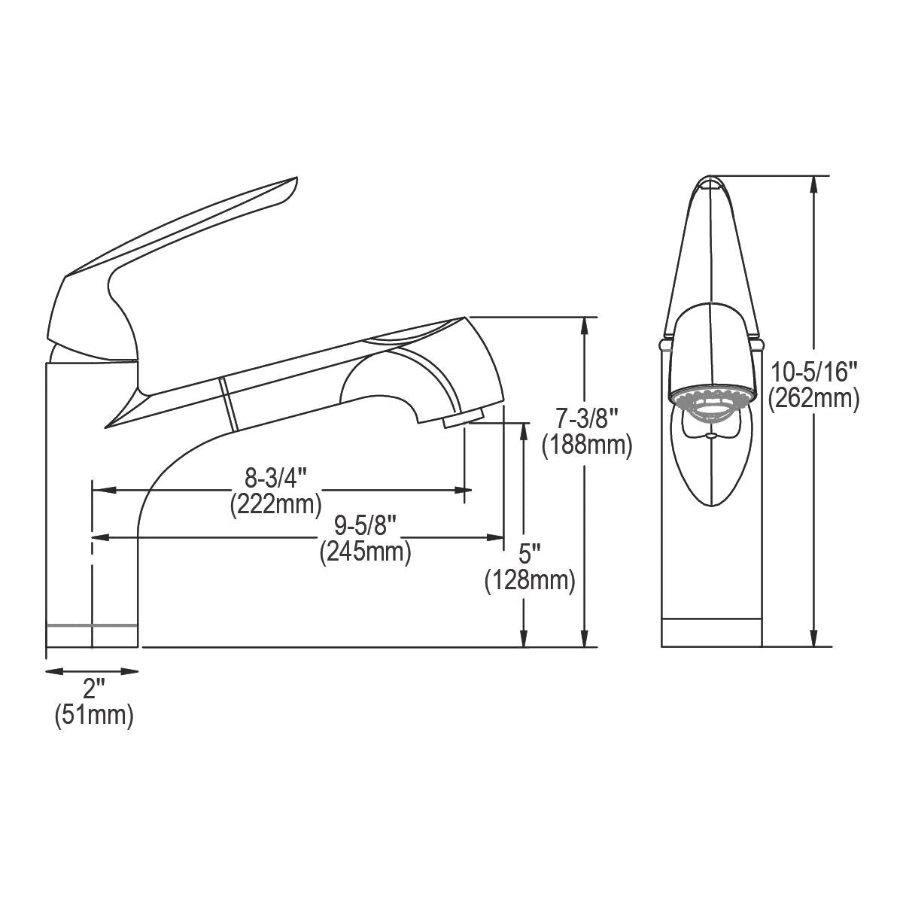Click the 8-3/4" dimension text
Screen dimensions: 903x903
pyautogui.click(x=276, y=479)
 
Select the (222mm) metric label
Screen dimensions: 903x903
pyautogui.click(x=276, y=503)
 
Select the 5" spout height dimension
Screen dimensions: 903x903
pyautogui.click(x=530, y=555)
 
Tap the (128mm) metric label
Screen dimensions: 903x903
pyautogui.click(x=530, y=580)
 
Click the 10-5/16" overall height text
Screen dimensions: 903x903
pyautogui.click(x=813, y=372)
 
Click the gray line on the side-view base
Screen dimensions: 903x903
pyautogui.click(x=92, y=625)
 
